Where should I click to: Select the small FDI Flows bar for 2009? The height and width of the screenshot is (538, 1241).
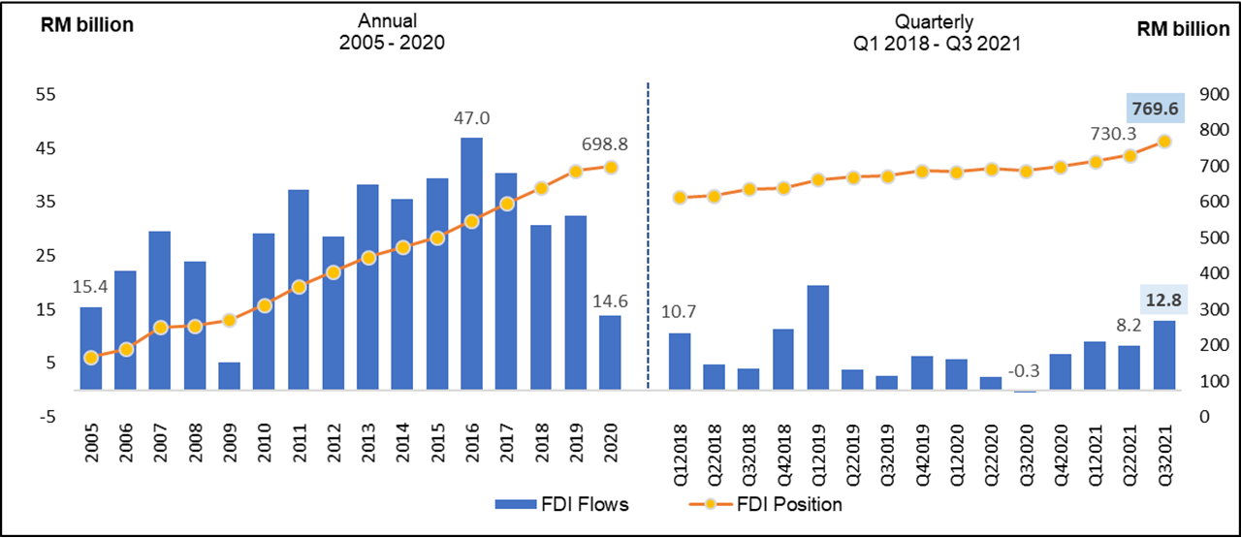click(x=229, y=376)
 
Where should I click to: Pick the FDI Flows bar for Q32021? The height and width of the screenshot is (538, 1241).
click(x=1163, y=355)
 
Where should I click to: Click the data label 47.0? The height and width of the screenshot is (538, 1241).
click(x=472, y=118)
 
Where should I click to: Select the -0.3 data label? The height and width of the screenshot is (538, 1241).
click(x=1025, y=371)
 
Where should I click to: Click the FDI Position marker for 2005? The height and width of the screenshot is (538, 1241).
click(x=90, y=358)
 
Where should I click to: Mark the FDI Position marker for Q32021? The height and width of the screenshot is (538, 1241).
click(x=1164, y=142)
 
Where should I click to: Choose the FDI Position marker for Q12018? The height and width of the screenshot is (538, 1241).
click(x=680, y=198)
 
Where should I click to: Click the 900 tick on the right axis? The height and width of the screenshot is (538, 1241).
click(x=1212, y=94)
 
